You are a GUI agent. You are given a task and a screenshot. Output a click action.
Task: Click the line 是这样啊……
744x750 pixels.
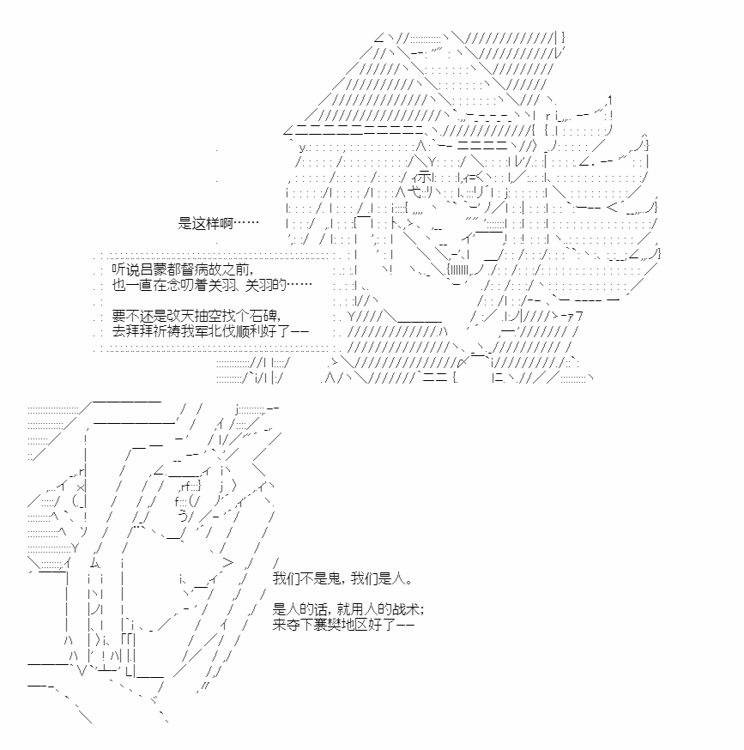click(x=218, y=223)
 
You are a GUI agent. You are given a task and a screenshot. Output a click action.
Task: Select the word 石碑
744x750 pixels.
click(x=263, y=316)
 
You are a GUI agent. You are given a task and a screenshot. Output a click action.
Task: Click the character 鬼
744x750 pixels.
click(x=334, y=578)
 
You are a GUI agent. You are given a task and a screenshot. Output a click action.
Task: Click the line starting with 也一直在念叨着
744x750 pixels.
click(x=211, y=285)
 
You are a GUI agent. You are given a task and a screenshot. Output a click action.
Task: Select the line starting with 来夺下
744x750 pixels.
click(x=343, y=624)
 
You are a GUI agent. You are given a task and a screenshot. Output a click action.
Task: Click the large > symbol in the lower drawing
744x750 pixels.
click(x=228, y=563)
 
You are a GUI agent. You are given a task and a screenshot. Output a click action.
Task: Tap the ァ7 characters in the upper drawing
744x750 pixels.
click(x=574, y=316)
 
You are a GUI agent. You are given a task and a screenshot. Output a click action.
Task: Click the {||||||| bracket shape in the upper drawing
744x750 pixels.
click(x=457, y=270)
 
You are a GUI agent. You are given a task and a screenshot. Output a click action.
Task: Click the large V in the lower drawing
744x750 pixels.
click(x=82, y=671)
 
